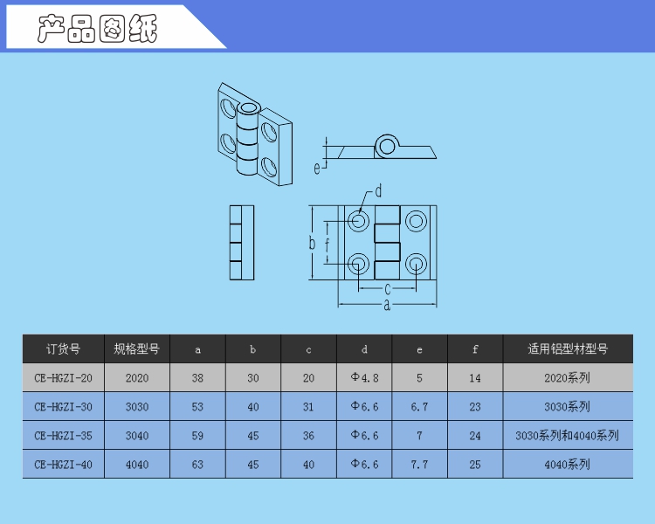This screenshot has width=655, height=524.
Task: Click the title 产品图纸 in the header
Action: click(97, 29)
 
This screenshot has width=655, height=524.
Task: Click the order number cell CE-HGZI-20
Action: click(64, 378)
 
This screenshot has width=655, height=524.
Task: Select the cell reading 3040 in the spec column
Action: click(137, 436)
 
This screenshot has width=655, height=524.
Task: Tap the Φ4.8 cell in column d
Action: click(364, 378)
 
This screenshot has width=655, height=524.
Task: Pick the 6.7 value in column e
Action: click(419, 407)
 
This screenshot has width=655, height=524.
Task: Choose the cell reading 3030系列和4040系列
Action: click(568, 436)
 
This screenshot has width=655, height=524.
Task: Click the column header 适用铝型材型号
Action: click(568, 348)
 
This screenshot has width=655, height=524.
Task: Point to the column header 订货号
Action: click(63, 348)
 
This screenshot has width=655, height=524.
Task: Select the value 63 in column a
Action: click(197, 465)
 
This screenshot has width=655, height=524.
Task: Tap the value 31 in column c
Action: click(308, 407)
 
